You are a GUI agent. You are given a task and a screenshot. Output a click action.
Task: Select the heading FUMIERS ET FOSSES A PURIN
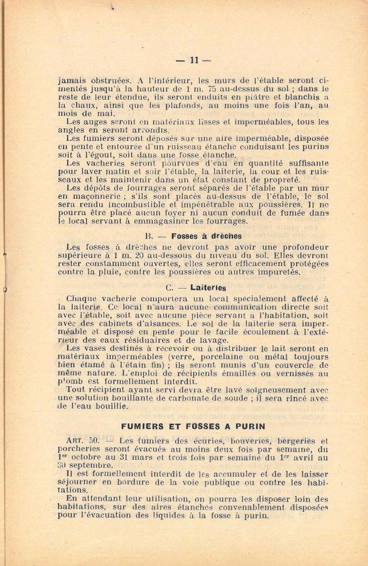(193, 426)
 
